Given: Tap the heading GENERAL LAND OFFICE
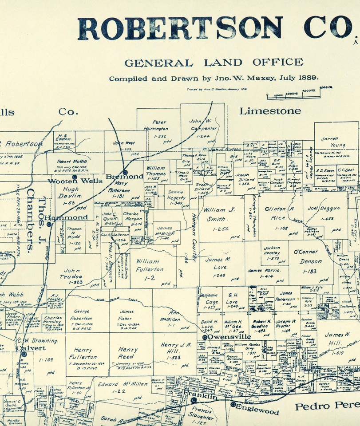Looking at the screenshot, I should pyautogui.click(x=214, y=63).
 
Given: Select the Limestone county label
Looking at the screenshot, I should pyautogui.click(x=270, y=111).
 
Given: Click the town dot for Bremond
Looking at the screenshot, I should pyautogui.click(x=126, y=172).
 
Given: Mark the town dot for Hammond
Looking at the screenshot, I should pyautogui.click(x=49, y=224).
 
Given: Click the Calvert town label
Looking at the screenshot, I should pyautogui.click(x=31, y=348).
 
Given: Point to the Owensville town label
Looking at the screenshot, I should pyautogui.click(x=229, y=337).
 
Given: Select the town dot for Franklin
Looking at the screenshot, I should pyautogui.click(x=194, y=400).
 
